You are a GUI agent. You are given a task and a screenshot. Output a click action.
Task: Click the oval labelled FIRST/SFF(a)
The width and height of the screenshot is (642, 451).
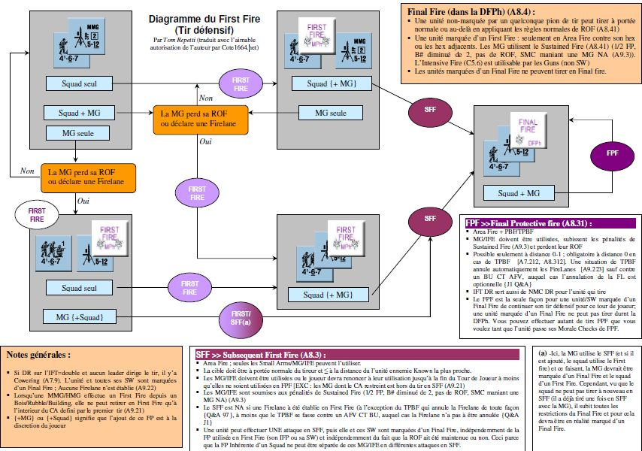point(242,317)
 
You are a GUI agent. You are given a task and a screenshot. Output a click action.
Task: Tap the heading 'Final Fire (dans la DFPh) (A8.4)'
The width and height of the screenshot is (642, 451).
point(468,12)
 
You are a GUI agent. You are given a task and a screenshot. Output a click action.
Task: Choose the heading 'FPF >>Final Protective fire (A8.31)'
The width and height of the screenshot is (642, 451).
point(528,223)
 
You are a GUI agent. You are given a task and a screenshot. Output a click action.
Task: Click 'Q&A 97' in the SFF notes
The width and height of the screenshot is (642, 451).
point(213,413)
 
